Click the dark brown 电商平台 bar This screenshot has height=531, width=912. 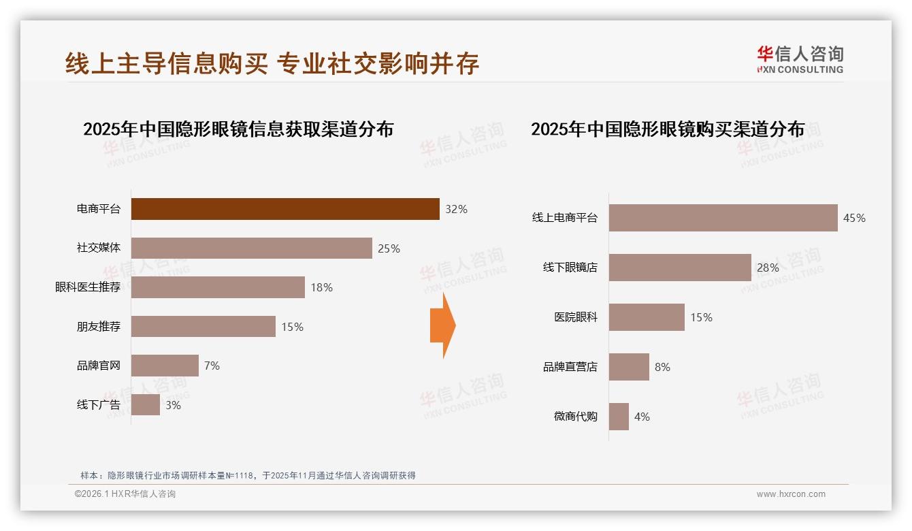285,209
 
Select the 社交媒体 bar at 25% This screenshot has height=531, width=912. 251,248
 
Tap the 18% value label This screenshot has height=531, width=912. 321,287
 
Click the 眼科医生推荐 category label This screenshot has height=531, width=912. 88,287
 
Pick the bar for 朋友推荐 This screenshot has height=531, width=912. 203,326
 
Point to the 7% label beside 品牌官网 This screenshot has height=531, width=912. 212,366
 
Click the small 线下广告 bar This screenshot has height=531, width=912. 145,404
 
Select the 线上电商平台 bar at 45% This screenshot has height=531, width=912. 723,218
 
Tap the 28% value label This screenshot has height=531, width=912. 768,268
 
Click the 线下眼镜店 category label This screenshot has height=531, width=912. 570,268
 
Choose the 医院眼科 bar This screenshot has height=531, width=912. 647,317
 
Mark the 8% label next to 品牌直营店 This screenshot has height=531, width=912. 662,367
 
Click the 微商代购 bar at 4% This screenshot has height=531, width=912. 619,417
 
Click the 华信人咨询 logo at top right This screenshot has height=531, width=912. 800,59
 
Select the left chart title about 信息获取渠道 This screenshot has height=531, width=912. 238,129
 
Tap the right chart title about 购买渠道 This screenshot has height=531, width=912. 667,129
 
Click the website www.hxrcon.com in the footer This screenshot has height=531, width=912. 791,494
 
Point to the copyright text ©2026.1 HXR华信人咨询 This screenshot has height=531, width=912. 125,494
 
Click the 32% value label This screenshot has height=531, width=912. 456,209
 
